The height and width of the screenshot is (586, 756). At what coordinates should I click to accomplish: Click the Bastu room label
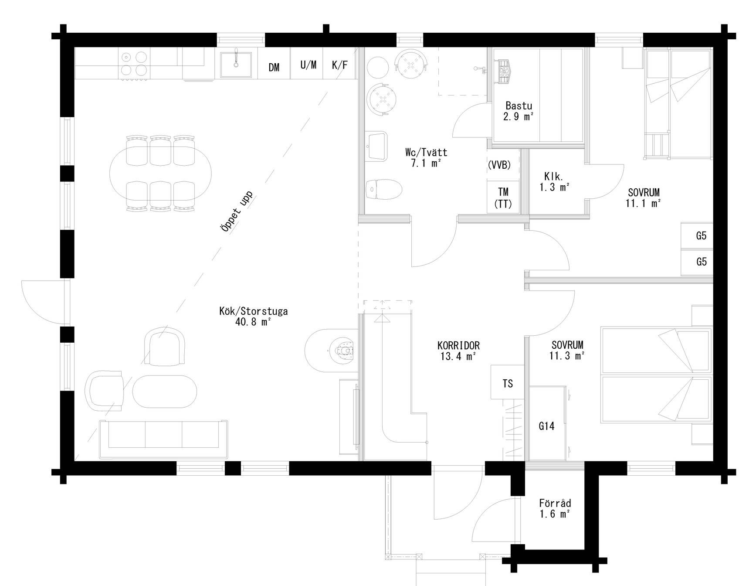pos(519,106)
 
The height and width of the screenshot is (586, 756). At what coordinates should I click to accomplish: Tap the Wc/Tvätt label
pos(426,153)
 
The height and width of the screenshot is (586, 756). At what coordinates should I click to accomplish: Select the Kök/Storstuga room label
pos(253,312)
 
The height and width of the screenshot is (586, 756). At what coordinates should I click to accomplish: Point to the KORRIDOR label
pos(458,346)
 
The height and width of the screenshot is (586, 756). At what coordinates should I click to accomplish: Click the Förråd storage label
pos(555,503)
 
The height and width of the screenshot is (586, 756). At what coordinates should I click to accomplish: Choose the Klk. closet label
pos(554,177)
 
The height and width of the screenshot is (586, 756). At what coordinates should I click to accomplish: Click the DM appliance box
pos(274,67)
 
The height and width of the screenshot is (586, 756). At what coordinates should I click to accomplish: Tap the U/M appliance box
pos(309,65)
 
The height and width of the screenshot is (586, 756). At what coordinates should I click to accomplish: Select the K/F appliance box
pos(340,65)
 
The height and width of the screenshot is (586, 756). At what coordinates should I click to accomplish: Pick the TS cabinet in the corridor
pos(508,383)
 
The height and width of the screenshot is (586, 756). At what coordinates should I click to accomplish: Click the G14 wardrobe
pos(547,426)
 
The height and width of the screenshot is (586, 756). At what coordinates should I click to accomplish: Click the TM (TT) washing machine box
pos(503,198)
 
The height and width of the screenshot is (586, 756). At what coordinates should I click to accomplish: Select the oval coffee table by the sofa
pos(164,391)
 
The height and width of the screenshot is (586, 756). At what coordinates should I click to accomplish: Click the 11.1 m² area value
pos(644,203)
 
